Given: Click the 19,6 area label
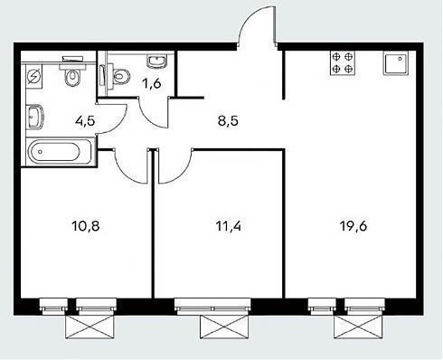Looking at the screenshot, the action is pyautogui.click(x=353, y=226).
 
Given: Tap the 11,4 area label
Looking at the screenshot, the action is pyautogui.click(x=229, y=226).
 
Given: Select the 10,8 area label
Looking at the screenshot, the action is pyautogui.click(x=86, y=226).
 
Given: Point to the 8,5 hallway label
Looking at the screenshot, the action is pyautogui.click(x=228, y=121).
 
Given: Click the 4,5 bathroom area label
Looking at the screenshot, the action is pyautogui.click(x=85, y=121).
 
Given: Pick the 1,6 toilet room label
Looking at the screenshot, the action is pyautogui.click(x=152, y=83).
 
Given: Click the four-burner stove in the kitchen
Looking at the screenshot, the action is pyautogui.click(x=343, y=62).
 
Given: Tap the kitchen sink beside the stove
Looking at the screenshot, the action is pyautogui.click(x=396, y=62).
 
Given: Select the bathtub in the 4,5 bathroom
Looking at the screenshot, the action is pyautogui.click(x=60, y=151).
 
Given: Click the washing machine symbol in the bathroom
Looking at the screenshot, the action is pyautogui.click(x=33, y=77).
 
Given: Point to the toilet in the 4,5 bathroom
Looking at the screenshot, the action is pyautogui.click(x=72, y=71).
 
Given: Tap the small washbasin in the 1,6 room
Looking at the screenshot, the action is pyautogui.click(x=156, y=62).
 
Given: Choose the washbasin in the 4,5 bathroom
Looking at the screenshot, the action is pyautogui.click(x=35, y=118).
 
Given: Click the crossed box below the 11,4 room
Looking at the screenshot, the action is pyautogui.click(x=224, y=327).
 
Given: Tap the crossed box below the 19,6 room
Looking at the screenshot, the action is pyautogui.click(x=358, y=327).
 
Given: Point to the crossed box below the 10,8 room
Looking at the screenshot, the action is pyautogui.click(x=90, y=327).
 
